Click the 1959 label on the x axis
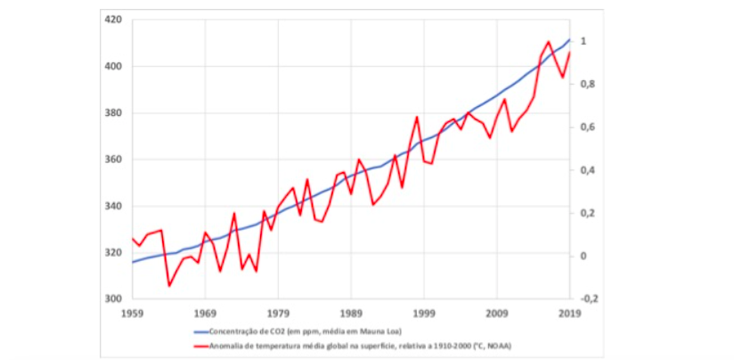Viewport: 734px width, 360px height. coord(133,314)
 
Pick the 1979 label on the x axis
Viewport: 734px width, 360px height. coord(278,314)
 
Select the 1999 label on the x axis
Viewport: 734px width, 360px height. coord(424,314)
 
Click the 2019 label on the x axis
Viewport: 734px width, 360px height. coord(569,314)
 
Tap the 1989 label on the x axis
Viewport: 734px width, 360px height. coord(351,314)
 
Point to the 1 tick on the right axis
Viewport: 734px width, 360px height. coord(584,42)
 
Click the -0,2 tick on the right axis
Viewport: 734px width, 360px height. coord(590,299)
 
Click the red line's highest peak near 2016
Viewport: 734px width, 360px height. coord(548,41)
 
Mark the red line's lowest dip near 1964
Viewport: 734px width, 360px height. coord(168,286)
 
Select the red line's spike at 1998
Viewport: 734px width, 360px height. coord(417,117)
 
